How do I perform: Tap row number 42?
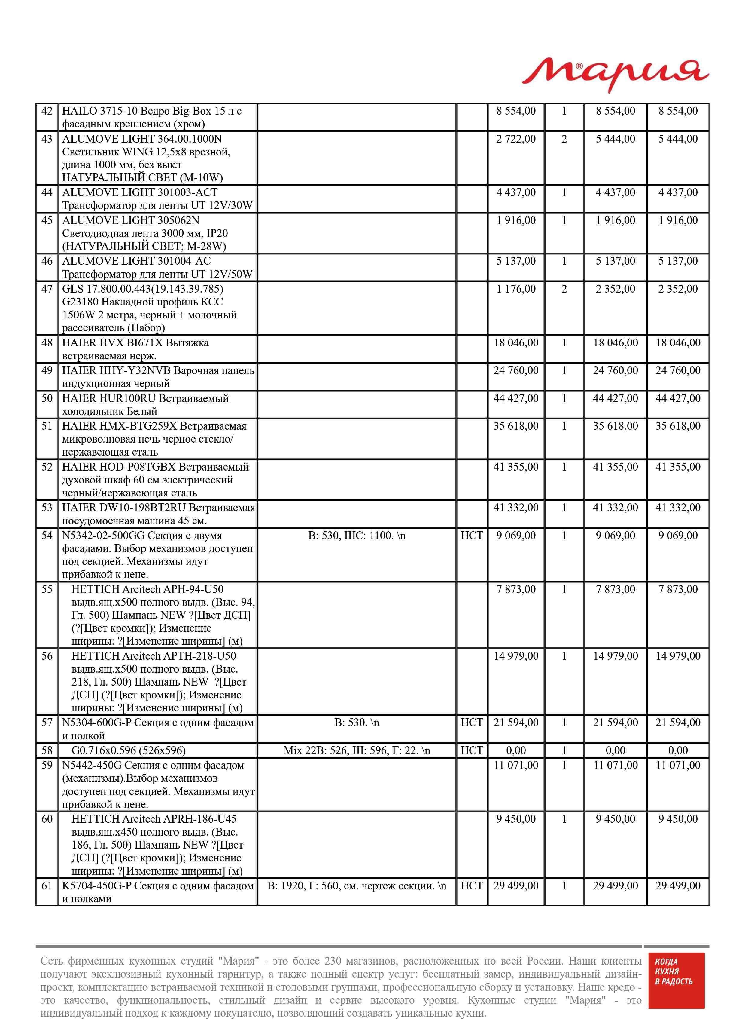(x=47, y=111)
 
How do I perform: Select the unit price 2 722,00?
(x=516, y=139)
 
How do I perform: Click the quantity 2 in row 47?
(x=564, y=289)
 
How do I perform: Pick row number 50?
(x=47, y=398)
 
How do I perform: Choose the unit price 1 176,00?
(x=516, y=289)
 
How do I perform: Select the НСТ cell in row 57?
(x=472, y=723)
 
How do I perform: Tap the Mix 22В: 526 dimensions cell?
(x=356, y=750)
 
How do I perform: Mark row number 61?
(x=47, y=886)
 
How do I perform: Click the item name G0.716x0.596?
(x=129, y=750)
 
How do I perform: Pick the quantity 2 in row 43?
(x=564, y=139)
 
